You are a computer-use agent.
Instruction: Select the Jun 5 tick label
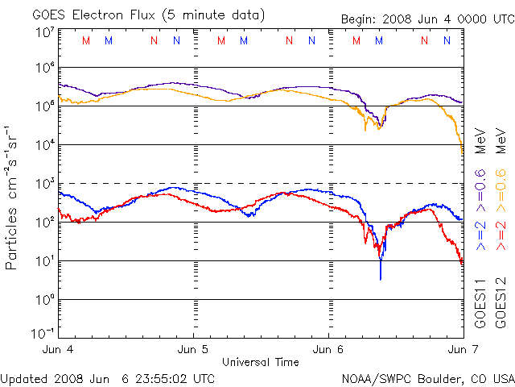click(194, 350)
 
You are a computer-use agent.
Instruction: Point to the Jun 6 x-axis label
click(328, 350)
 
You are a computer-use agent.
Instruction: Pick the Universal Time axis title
click(260, 362)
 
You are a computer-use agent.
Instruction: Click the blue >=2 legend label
click(480, 234)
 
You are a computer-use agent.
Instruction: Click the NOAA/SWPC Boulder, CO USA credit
click(427, 378)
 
